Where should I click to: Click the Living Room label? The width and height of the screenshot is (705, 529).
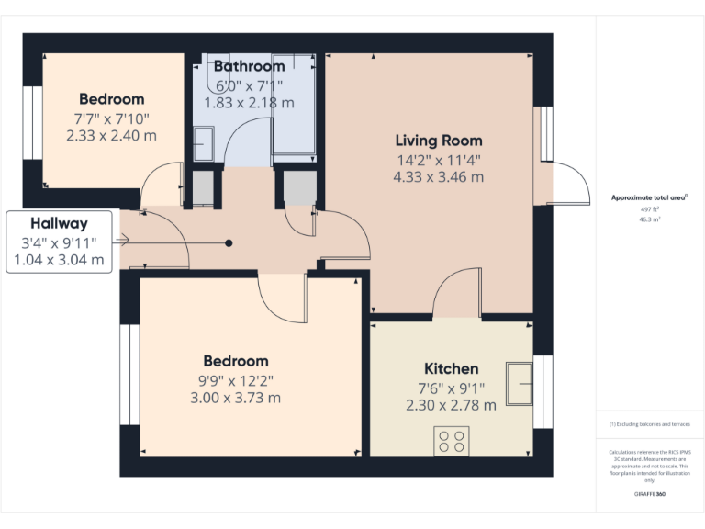click(x=438, y=141)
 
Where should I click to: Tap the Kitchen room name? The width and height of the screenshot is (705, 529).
click(x=451, y=368)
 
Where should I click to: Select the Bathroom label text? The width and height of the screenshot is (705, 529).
click(x=249, y=66)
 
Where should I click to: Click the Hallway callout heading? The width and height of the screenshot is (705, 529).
click(x=59, y=223)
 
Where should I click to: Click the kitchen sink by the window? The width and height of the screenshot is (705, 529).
click(x=520, y=382)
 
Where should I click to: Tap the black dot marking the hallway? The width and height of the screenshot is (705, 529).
click(x=229, y=242)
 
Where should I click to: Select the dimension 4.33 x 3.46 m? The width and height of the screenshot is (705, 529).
click(x=438, y=176)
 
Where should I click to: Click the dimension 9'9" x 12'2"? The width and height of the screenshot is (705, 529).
click(x=236, y=379)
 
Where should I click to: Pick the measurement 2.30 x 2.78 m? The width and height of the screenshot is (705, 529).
click(x=451, y=404)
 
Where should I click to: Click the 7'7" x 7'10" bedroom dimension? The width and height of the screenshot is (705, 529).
click(x=111, y=118)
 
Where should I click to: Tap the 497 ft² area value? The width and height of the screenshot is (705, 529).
click(x=650, y=209)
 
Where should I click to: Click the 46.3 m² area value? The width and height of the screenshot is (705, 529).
click(x=650, y=220)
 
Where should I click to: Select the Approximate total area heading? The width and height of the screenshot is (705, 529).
click(x=649, y=197)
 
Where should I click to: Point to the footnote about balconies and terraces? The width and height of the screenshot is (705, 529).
click(x=650, y=424)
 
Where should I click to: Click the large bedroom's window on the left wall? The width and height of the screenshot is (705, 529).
click(x=129, y=375)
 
